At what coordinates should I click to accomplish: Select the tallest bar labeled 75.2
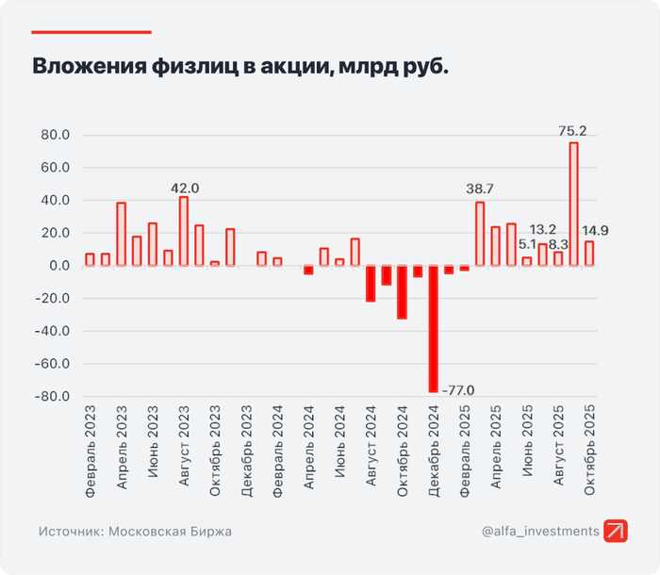click(573, 204)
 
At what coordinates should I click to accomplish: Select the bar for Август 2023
click(184, 231)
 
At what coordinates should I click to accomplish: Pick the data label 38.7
click(481, 189)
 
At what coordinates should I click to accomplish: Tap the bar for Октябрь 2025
click(589, 254)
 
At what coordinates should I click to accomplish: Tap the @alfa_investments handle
click(540, 532)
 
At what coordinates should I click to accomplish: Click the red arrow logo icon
click(617, 532)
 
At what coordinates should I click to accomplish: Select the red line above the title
click(91, 32)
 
